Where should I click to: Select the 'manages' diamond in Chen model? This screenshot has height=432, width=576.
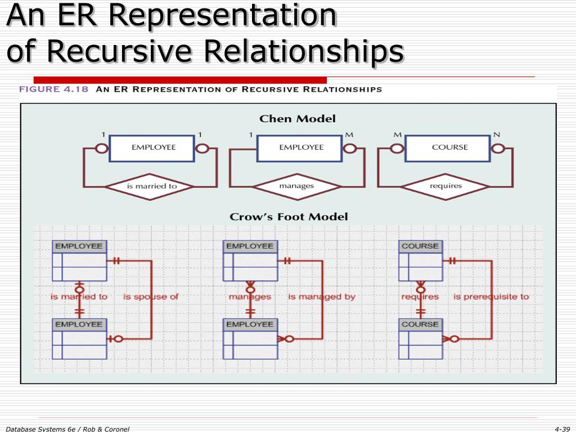coord(296,186)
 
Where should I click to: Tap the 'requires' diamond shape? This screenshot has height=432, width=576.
coord(445,186)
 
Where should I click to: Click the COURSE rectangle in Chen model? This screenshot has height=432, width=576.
coord(449,147)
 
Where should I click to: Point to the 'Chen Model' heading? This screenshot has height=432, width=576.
coord(298,119)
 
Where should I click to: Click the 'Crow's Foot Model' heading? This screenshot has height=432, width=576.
coord(289,217)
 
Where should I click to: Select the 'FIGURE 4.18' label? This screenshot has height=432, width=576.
coord(54,89)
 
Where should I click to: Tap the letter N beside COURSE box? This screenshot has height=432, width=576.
coord(496,135)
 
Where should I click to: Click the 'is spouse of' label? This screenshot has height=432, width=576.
coord(151,296)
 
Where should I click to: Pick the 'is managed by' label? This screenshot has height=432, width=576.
coord(322,296)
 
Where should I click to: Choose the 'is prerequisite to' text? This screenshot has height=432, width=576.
coord(491,296)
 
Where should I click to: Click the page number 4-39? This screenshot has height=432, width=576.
coord(562,429)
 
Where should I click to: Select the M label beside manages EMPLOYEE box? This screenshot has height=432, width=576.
coord(349,135)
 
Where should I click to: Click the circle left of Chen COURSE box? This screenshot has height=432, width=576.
coord(397,148)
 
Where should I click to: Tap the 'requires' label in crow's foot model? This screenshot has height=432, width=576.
coord(420,296)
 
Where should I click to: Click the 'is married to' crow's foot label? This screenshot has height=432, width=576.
coord(79,296)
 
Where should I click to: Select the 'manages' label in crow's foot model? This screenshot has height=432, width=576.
coord(250,296)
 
